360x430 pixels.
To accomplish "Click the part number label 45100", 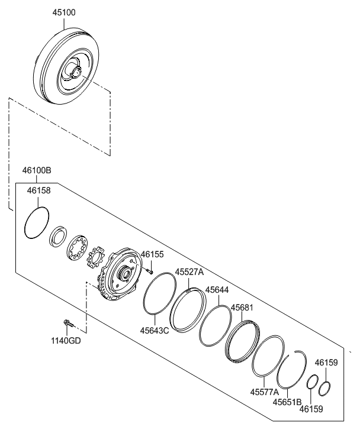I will [x=64, y=12].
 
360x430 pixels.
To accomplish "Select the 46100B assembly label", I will [x=37, y=170].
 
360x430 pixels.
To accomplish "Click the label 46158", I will [x=39, y=190].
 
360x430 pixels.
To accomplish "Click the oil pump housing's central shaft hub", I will [x=125, y=273].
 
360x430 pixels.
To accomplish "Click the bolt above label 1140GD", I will [x=67, y=323].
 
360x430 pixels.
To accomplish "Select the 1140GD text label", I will [x=66, y=341].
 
